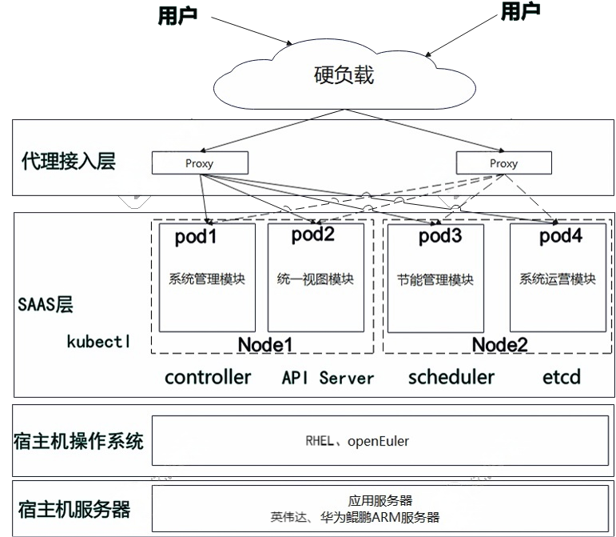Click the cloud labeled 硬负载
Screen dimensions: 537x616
coord(344,76)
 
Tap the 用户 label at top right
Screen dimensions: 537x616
coord(519,11)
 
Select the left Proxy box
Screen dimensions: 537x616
coord(200,163)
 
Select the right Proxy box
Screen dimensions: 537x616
coord(503,163)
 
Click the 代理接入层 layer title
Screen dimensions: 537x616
coord(69,162)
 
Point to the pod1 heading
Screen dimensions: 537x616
coord(196,238)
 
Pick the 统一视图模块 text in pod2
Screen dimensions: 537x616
coord(316,279)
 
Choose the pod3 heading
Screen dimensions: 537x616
coord(440,237)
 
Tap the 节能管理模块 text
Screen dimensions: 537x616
coord(435,280)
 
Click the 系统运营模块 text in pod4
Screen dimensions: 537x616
coord(558,279)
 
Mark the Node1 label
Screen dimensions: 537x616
coord(266,344)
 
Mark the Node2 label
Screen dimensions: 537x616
coord(499,345)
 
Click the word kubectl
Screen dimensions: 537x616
coord(98,341)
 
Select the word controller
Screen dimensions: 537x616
coord(208,377)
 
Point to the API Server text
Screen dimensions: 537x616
coord(328,378)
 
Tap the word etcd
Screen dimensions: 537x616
coord(559,377)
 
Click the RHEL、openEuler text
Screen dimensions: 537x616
coord(357,441)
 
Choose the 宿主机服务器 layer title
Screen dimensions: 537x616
coord(74,509)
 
